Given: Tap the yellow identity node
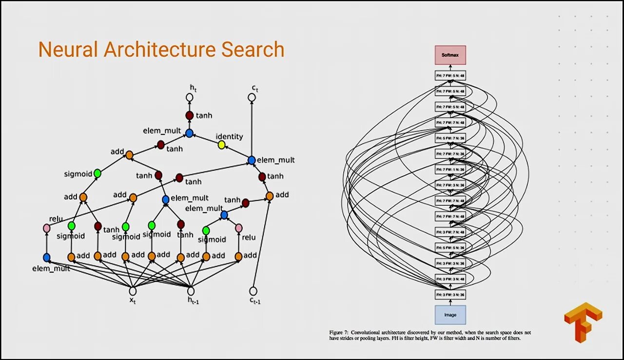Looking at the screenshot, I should tap(221, 145).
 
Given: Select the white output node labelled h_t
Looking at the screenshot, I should tap(190, 98).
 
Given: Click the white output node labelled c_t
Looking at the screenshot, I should tap(252, 98).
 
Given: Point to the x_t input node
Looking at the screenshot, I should tap(132, 291).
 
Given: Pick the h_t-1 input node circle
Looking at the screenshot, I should tap(191, 291).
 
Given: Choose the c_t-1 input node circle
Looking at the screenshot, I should tap(253, 291).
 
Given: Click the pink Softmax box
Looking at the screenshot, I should tap(450, 55).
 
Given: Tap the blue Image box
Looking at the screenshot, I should tap(450, 315).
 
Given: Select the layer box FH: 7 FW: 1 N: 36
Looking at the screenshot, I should tap(450, 169).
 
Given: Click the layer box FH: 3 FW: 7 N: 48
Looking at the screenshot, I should tap(450, 232).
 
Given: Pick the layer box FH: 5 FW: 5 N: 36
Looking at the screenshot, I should tap(450, 247).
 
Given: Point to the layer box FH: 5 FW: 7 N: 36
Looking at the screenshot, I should tap(450, 138).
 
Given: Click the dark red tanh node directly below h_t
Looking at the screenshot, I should tap(190, 116).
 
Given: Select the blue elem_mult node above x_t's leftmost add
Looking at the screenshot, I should tap(47, 257).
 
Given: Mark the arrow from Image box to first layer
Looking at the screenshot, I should tap(450, 302).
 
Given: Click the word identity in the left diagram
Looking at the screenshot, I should tap(229, 137).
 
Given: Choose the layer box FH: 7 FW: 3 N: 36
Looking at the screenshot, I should tap(450, 185).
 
